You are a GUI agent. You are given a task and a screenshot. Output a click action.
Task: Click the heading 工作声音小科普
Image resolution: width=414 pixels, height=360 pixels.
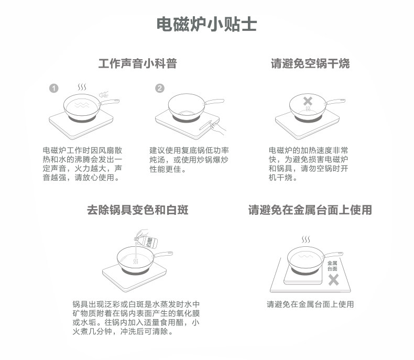pos(138,64)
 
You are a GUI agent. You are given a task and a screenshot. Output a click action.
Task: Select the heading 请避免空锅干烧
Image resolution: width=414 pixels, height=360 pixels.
pos(310,64)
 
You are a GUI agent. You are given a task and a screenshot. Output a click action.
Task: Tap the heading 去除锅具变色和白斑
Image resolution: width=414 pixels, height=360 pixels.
pos(138,210)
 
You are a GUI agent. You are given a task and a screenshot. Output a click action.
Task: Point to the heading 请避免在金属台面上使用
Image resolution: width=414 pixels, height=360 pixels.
pos(310,210)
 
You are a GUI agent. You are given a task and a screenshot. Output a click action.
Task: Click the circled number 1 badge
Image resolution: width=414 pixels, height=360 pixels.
pos(53,88)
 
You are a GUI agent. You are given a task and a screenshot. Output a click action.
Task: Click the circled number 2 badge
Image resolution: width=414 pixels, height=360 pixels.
pos(160,88)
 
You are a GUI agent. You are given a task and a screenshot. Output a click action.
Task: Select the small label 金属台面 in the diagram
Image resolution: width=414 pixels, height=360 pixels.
pos(333,265)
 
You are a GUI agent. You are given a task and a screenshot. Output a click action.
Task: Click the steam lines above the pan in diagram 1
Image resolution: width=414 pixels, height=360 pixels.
pos(82,86)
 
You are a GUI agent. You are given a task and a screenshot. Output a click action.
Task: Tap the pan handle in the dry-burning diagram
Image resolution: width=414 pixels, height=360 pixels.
pos(336,101)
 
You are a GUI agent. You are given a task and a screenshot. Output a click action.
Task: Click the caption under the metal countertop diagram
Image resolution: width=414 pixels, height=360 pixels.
pos(310,304)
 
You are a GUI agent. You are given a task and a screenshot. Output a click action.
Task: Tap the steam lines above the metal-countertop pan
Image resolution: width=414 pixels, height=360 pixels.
pos(306,239)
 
